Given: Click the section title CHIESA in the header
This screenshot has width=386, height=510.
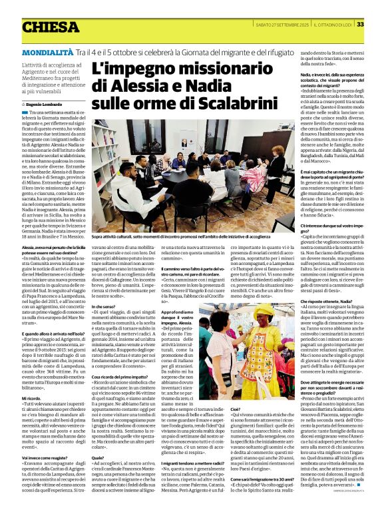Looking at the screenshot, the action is [51, 27].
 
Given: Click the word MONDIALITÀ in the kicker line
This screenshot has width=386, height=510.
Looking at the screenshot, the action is [47, 52].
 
